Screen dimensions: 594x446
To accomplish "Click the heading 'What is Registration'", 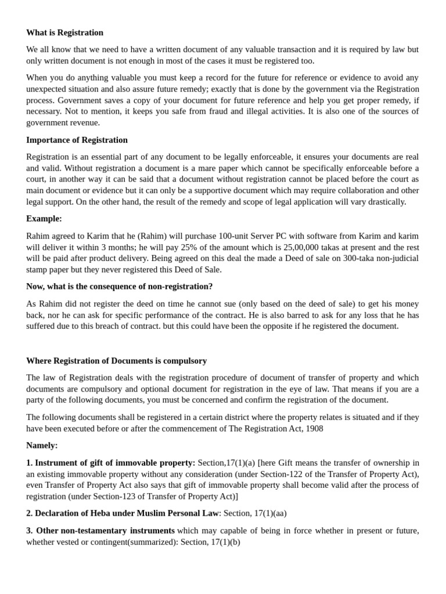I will (x=64, y=32).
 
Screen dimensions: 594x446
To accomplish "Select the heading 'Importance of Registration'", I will (x=77, y=140).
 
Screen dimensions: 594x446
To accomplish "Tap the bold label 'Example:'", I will (x=44, y=219).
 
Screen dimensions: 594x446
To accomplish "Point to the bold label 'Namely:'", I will (x=42, y=445).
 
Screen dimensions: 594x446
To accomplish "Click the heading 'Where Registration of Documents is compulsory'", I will (x=116, y=361).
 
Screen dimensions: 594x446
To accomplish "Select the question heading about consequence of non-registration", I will (x=120, y=287).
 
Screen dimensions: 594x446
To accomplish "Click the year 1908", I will (x=312, y=428).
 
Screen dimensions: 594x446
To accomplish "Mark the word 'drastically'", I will (x=384, y=202).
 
